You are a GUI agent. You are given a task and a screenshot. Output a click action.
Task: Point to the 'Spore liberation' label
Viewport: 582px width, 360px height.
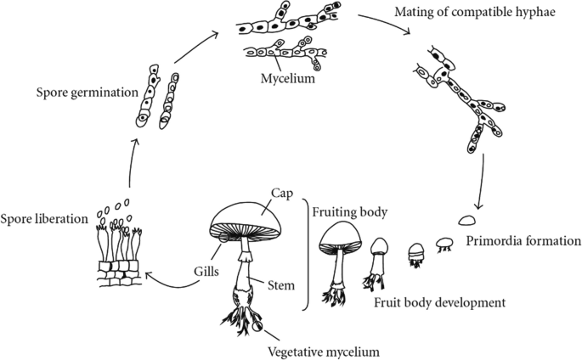tap(45, 218)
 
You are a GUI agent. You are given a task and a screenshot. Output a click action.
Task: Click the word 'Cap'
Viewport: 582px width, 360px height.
tap(283, 192)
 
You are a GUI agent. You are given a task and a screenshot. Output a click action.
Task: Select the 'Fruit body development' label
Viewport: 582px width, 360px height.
tap(438, 301)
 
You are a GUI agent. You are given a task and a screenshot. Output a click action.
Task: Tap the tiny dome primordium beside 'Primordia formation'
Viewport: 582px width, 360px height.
tap(466, 220)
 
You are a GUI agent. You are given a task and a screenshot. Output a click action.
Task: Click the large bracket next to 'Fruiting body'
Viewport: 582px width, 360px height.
tap(306, 254)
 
